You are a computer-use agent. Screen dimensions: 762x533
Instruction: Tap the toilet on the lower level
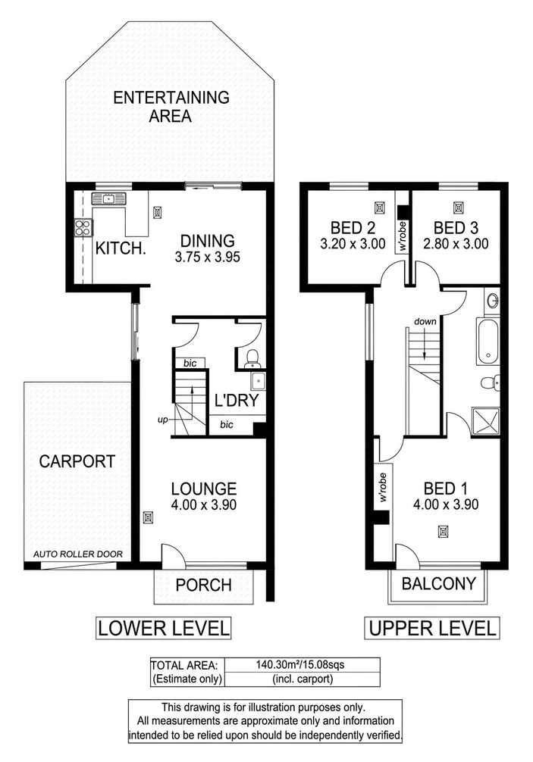253,357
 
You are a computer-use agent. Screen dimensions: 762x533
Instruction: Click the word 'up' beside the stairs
162,419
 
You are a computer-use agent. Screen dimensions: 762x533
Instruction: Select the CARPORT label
77,461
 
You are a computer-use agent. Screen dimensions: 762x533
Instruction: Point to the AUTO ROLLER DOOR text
77,554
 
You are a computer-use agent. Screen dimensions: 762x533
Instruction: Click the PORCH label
202,585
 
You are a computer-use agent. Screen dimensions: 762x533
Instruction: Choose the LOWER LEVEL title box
162,628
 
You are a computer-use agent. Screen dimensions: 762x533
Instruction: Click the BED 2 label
353,227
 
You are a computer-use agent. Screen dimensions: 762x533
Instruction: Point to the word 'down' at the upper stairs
425,321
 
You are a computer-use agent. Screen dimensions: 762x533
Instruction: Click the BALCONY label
439,584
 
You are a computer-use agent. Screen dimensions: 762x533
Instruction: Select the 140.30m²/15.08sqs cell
293,664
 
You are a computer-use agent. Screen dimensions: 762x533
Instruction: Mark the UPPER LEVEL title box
432,628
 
